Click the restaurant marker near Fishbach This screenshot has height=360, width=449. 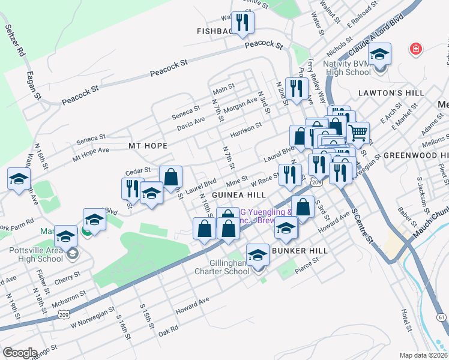point(243,23)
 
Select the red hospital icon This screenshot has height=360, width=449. point(415,49)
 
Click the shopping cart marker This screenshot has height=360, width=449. point(358,133)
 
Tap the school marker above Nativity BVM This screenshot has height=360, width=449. point(379,55)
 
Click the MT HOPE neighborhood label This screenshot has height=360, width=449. point(147,146)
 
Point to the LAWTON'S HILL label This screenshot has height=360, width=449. point(391,93)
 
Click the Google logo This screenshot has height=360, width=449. point(20,352)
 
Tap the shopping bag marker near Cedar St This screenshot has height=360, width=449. point(171,177)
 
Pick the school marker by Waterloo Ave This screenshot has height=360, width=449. point(19,178)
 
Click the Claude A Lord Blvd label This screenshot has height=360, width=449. point(372,45)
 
